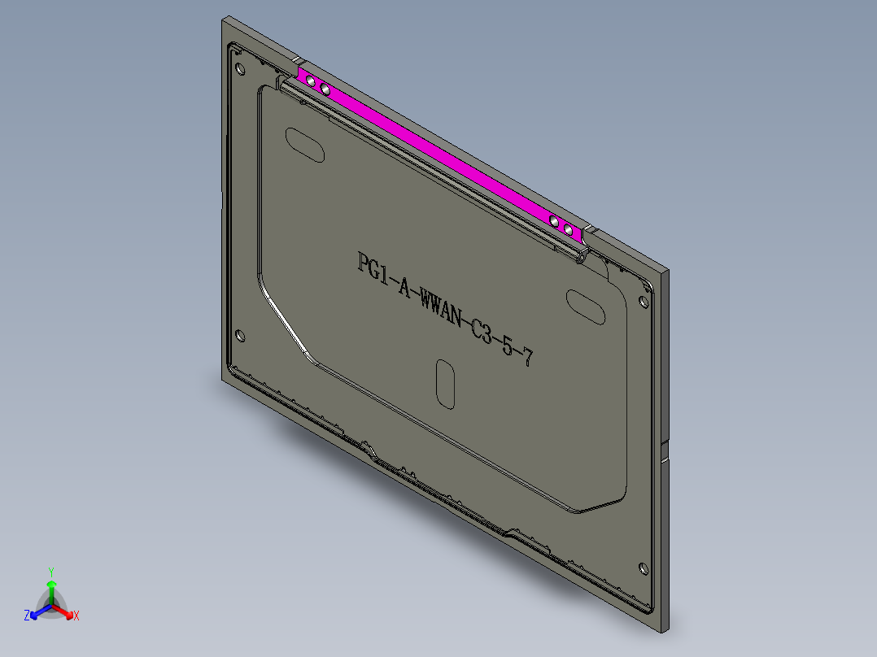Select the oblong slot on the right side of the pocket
pyautogui.click(x=586, y=306)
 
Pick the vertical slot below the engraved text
pyautogui.click(x=445, y=383)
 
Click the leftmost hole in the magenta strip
pyautogui.click(x=310, y=80)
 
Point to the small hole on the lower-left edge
pyautogui.click(x=240, y=334)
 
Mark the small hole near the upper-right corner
pyautogui.click(x=644, y=302)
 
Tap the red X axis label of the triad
pyautogui.click(x=76, y=616)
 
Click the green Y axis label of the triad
pyautogui.click(x=51, y=572)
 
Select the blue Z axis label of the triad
pyautogui.click(x=27, y=616)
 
